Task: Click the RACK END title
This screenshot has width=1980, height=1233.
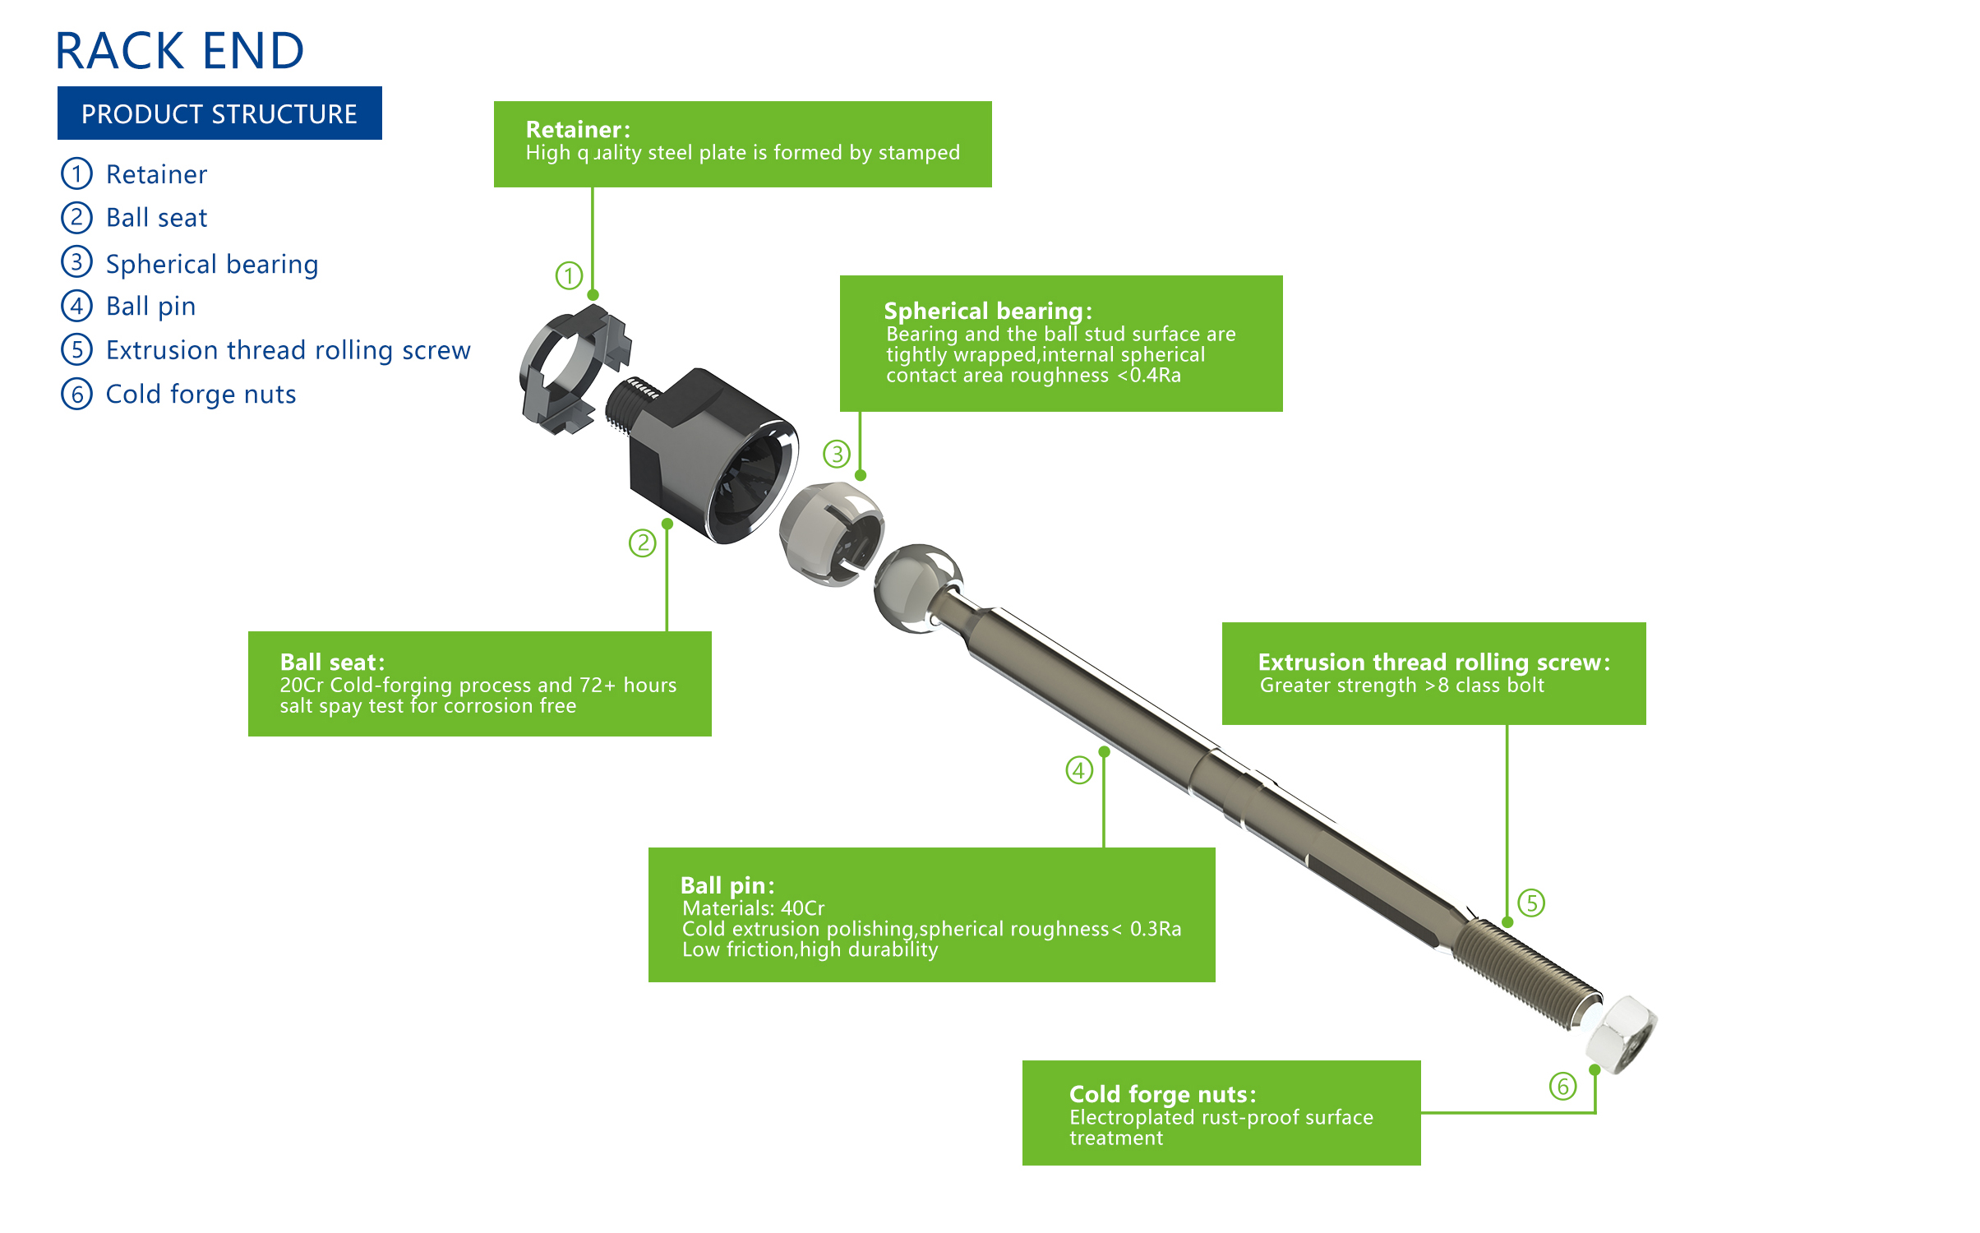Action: (179, 51)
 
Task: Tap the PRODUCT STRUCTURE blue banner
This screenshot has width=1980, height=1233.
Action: (219, 113)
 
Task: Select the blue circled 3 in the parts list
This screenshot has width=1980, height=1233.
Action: (76, 262)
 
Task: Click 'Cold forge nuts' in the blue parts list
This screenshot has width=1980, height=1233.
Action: (201, 395)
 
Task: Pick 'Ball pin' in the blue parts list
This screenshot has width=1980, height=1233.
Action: (150, 307)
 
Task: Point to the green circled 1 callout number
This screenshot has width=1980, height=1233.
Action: (569, 275)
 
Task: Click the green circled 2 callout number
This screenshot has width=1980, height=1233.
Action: (642, 543)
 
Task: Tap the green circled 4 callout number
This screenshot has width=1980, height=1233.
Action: (1078, 770)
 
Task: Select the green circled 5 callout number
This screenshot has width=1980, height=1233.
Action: (1530, 903)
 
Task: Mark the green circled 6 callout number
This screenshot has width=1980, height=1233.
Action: (1562, 1086)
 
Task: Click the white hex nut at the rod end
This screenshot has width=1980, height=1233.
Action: (1620, 1033)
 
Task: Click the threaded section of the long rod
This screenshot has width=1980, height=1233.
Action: (1525, 974)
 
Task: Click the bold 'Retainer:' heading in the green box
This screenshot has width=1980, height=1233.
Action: (578, 130)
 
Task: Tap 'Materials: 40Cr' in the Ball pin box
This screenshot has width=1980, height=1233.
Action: (753, 908)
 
